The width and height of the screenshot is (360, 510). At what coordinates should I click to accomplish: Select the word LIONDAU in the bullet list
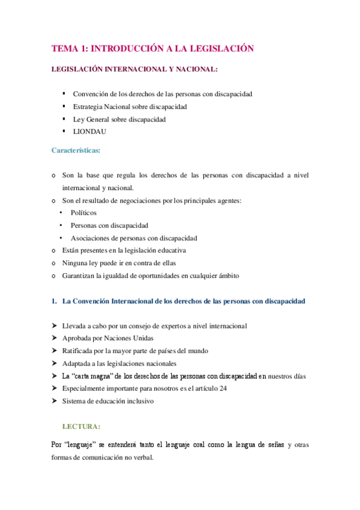tap(90, 132)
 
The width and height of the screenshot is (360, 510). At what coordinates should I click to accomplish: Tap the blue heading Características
tap(75, 149)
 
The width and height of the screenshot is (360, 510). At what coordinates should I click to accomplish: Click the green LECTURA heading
tap(81, 426)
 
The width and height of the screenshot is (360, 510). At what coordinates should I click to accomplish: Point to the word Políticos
tap(84, 213)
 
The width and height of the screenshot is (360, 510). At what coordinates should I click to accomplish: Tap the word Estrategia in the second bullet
tap(88, 106)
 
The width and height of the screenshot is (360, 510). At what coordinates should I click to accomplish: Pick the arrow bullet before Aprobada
tap(54, 339)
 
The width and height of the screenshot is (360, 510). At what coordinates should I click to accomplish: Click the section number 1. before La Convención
tap(53, 301)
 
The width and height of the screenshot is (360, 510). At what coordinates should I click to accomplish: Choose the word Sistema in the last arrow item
tap(74, 401)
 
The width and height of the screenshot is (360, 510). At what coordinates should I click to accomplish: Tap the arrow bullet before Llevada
tap(54, 326)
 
